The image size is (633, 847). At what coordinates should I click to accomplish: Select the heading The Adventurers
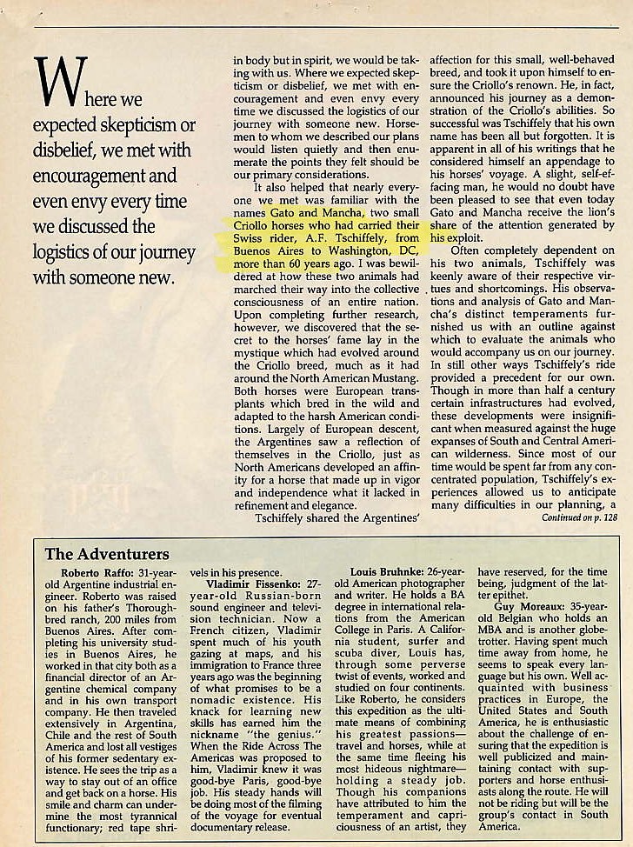[x=107, y=554]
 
